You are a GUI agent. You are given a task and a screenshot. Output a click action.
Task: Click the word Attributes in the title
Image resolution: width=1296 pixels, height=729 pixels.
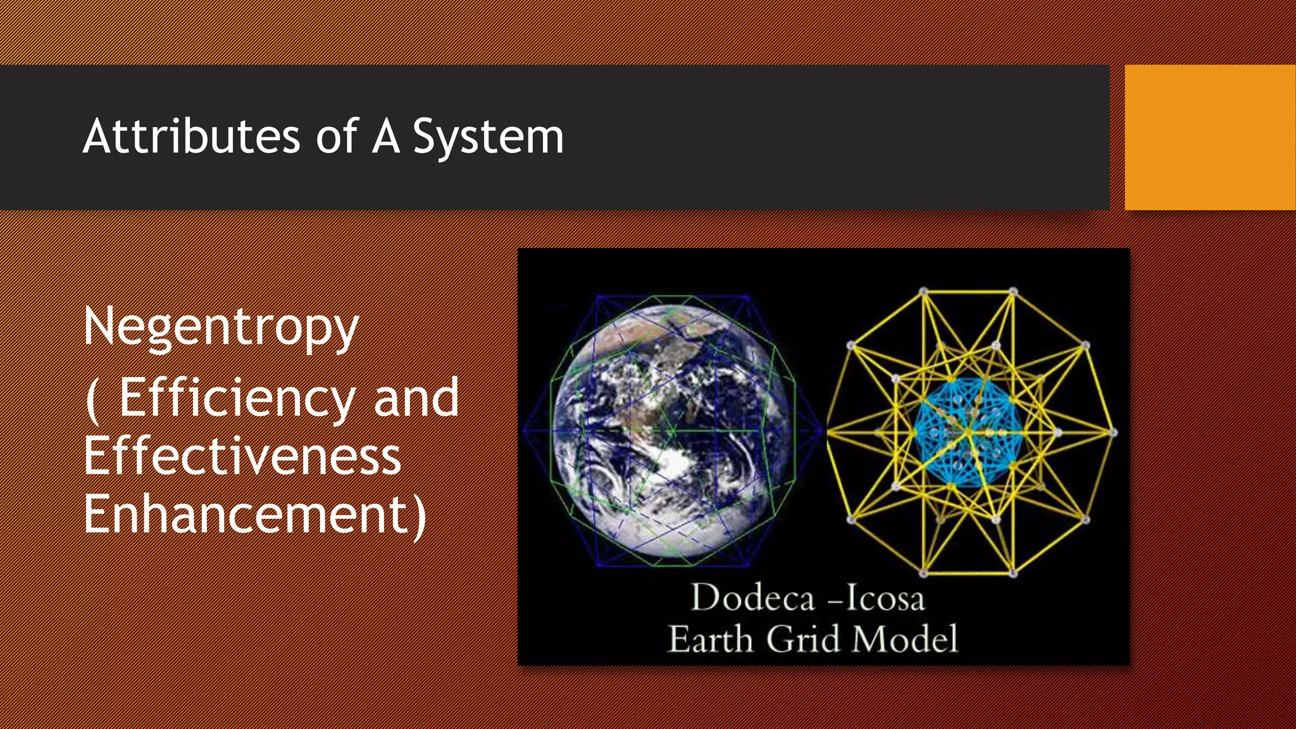(191, 136)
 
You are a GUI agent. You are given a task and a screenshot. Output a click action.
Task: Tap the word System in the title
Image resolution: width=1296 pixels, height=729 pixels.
(488, 137)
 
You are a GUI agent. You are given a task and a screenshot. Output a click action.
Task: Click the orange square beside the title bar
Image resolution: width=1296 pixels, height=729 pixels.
(1210, 137)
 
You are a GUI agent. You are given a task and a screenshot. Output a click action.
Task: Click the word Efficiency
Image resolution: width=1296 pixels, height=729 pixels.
(237, 399)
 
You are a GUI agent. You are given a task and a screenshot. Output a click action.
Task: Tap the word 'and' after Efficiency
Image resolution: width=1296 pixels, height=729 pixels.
(416, 397)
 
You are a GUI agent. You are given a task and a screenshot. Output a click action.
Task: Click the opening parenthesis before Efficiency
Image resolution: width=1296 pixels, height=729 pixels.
(92, 400)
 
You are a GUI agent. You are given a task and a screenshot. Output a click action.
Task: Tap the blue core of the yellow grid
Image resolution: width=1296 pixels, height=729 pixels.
(968, 432)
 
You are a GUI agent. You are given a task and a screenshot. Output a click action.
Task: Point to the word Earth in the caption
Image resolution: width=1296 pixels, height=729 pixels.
(711, 639)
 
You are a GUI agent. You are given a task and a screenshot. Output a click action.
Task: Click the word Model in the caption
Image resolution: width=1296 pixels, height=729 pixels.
(905, 639)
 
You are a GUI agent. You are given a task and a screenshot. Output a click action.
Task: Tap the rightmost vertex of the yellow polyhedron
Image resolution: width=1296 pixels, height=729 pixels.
(1114, 433)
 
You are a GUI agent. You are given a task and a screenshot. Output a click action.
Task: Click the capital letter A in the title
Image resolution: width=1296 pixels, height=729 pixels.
(386, 136)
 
